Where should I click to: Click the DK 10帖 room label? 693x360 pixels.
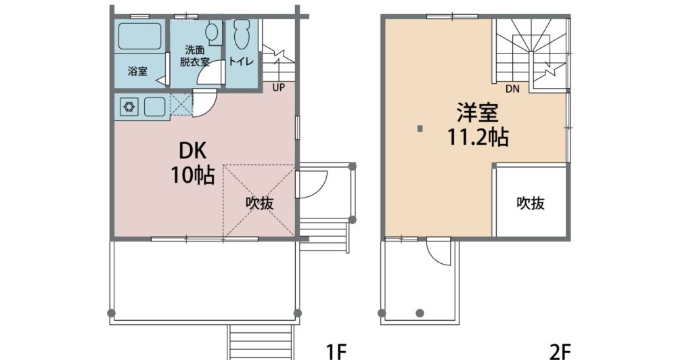coord(193,164)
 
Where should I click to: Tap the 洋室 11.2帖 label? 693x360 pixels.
coord(478,125)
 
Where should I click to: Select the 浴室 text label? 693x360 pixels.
coord(137,70)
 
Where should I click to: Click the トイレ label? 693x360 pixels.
coord(241,62)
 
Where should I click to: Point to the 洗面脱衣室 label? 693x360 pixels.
coord(194,55)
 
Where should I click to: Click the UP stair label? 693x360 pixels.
coord(278,87)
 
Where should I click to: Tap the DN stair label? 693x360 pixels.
coord(513,89)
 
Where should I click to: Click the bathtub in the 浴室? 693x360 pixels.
coord(139,36)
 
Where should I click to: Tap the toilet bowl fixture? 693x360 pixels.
coord(242,35)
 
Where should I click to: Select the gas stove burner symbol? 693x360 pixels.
coord(129,106)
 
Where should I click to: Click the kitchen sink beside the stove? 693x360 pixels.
coord(155,106)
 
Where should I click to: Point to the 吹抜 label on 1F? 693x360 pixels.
coord(260,203)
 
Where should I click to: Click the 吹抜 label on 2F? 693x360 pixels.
coord(531,203)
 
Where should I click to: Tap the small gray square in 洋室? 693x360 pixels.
coord(420,129)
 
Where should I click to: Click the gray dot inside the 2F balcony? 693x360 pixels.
coord(420,313)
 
